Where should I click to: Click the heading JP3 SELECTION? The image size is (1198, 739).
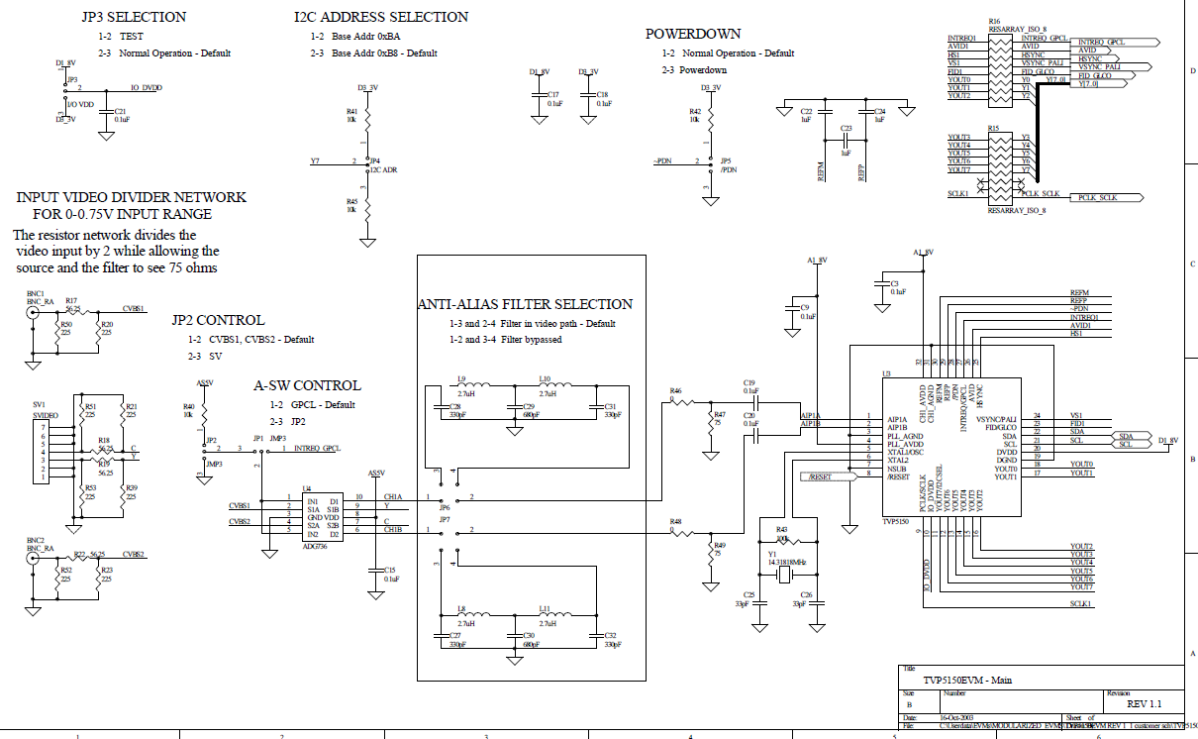pyautogui.click(x=134, y=17)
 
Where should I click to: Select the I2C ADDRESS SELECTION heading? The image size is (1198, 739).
pyautogui.click(x=381, y=17)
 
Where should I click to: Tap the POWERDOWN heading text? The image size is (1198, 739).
pyautogui.click(x=693, y=34)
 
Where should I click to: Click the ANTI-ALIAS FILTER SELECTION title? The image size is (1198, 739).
pyautogui.click(x=525, y=304)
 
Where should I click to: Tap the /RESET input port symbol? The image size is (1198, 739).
pyautogui.click(x=829, y=476)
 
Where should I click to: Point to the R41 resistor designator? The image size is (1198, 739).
pyautogui.click(x=351, y=111)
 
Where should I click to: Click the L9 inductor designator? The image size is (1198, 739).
pyautogui.click(x=461, y=378)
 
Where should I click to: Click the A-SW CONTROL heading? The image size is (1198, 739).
pyautogui.click(x=308, y=385)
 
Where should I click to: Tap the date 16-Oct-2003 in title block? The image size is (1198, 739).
pyautogui.click(x=956, y=716)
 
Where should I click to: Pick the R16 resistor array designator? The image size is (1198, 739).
pyautogui.click(x=993, y=20)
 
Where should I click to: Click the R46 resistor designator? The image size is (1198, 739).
pyautogui.click(x=675, y=391)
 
